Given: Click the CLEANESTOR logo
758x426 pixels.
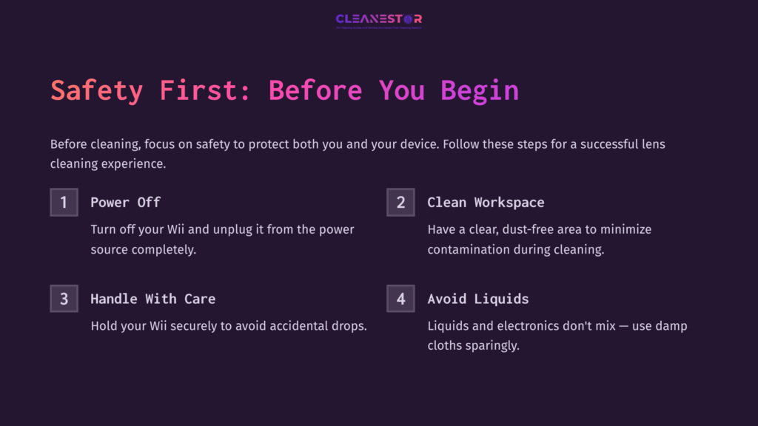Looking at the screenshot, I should (x=378, y=19).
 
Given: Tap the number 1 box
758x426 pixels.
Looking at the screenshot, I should (x=64, y=203).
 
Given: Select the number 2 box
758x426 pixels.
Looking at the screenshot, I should (x=400, y=203).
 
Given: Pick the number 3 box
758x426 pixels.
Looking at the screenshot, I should (x=64, y=299).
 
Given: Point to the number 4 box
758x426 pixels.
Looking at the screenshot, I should (x=400, y=299).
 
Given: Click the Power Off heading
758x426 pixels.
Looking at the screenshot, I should (x=125, y=203).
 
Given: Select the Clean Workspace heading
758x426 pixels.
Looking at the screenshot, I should (x=486, y=203).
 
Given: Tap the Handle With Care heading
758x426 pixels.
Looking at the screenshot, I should (x=152, y=299).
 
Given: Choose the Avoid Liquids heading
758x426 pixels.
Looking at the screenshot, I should (x=477, y=299).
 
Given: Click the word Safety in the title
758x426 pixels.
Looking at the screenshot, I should (x=96, y=90).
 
